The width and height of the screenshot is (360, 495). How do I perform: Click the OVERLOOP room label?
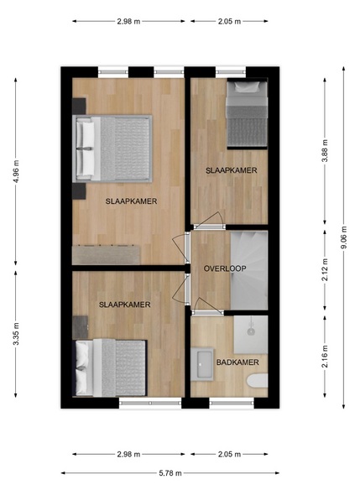click(x=225, y=268)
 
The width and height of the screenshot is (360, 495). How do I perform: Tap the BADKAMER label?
click(x=237, y=362)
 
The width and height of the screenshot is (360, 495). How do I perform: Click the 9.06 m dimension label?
click(x=343, y=237)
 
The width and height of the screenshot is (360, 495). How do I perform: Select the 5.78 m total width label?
click(x=170, y=473)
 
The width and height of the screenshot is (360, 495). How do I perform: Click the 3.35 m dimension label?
click(x=16, y=334)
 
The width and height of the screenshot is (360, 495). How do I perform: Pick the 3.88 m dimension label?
click(x=325, y=150)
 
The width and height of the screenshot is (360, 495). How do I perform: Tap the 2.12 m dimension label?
click(x=325, y=269)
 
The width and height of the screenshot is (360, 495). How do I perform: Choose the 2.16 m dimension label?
click(x=325, y=357)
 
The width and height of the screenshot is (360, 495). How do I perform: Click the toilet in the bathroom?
click(x=258, y=380)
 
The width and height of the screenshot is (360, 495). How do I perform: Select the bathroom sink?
click(x=201, y=364)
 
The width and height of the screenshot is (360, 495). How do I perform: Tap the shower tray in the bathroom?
click(x=251, y=335)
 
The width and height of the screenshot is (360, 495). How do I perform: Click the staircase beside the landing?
click(x=249, y=270)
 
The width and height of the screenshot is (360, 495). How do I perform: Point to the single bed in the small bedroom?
click(x=248, y=113)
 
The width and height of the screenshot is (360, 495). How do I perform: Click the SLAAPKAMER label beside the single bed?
click(x=231, y=170)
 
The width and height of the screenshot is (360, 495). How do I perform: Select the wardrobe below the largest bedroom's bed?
click(x=106, y=255)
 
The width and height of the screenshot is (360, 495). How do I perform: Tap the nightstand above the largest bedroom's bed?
click(x=79, y=106)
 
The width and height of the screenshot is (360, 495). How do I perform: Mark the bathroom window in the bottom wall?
click(x=232, y=404)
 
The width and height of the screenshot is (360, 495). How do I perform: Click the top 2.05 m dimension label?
click(x=229, y=22)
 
